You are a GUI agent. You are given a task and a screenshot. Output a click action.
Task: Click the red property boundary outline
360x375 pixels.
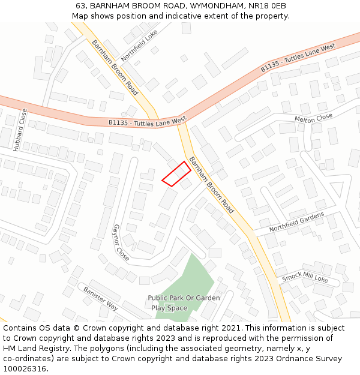pyautogui.click(x=176, y=174)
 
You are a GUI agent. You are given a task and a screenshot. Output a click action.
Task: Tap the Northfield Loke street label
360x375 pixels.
pyautogui.click(x=139, y=45)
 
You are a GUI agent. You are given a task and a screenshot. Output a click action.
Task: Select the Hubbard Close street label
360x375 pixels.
pyautogui.click(x=20, y=129)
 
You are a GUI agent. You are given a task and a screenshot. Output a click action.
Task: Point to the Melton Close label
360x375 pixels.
pyautogui.click(x=313, y=118)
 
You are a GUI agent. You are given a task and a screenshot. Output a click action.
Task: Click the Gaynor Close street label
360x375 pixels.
pyautogui.click(x=121, y=242)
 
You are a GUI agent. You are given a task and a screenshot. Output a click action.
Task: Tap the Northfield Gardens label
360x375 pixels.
pyautogui.click(x=296, y=221)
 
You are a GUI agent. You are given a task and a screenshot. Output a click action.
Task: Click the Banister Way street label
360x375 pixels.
pyautogui.click(x=100, y=298)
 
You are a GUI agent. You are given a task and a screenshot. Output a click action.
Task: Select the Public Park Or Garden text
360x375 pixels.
pyautogui.click(x=184, y=298)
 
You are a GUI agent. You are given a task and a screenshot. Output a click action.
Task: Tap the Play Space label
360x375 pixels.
pyautogui.click(x=169, y=308)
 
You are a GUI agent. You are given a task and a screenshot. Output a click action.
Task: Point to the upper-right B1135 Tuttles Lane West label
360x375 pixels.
pyautogui.click(x=298, y=58)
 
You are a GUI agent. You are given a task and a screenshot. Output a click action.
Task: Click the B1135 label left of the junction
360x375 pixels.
pyautogui.click(x=148, y=122)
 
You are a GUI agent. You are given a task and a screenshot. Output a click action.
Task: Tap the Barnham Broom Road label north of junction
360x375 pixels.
pyautogui.click(x=115, y=67)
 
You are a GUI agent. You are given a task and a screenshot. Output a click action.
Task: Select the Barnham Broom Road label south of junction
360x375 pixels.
pyautogui.click(x=211, y=185)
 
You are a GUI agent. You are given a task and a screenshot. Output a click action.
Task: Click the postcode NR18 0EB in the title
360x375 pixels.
pyautogui.click(x=266, y=6)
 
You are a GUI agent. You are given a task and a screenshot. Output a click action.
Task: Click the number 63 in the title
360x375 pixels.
pyautogui.click(x=81, y=6)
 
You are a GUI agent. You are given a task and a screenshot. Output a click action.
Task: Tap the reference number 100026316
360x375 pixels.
pyautogui.click(x=25, y=369)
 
